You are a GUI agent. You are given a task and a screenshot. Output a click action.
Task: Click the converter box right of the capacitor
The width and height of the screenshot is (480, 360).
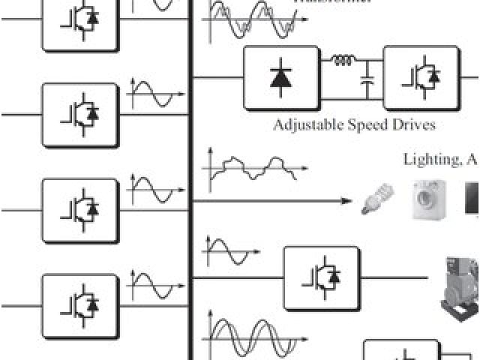point(421,78)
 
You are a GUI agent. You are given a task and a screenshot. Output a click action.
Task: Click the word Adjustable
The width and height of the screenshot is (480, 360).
point(307,124)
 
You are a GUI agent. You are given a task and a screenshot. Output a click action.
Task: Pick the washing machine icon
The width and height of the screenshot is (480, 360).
point(431,199)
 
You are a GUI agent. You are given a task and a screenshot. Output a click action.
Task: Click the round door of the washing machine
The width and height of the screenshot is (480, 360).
point(431,202)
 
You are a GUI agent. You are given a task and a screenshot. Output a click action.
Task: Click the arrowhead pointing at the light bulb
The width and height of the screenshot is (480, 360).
point(346,201)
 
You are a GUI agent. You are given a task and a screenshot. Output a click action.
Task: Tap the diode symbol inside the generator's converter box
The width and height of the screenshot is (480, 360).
point(329,278)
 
